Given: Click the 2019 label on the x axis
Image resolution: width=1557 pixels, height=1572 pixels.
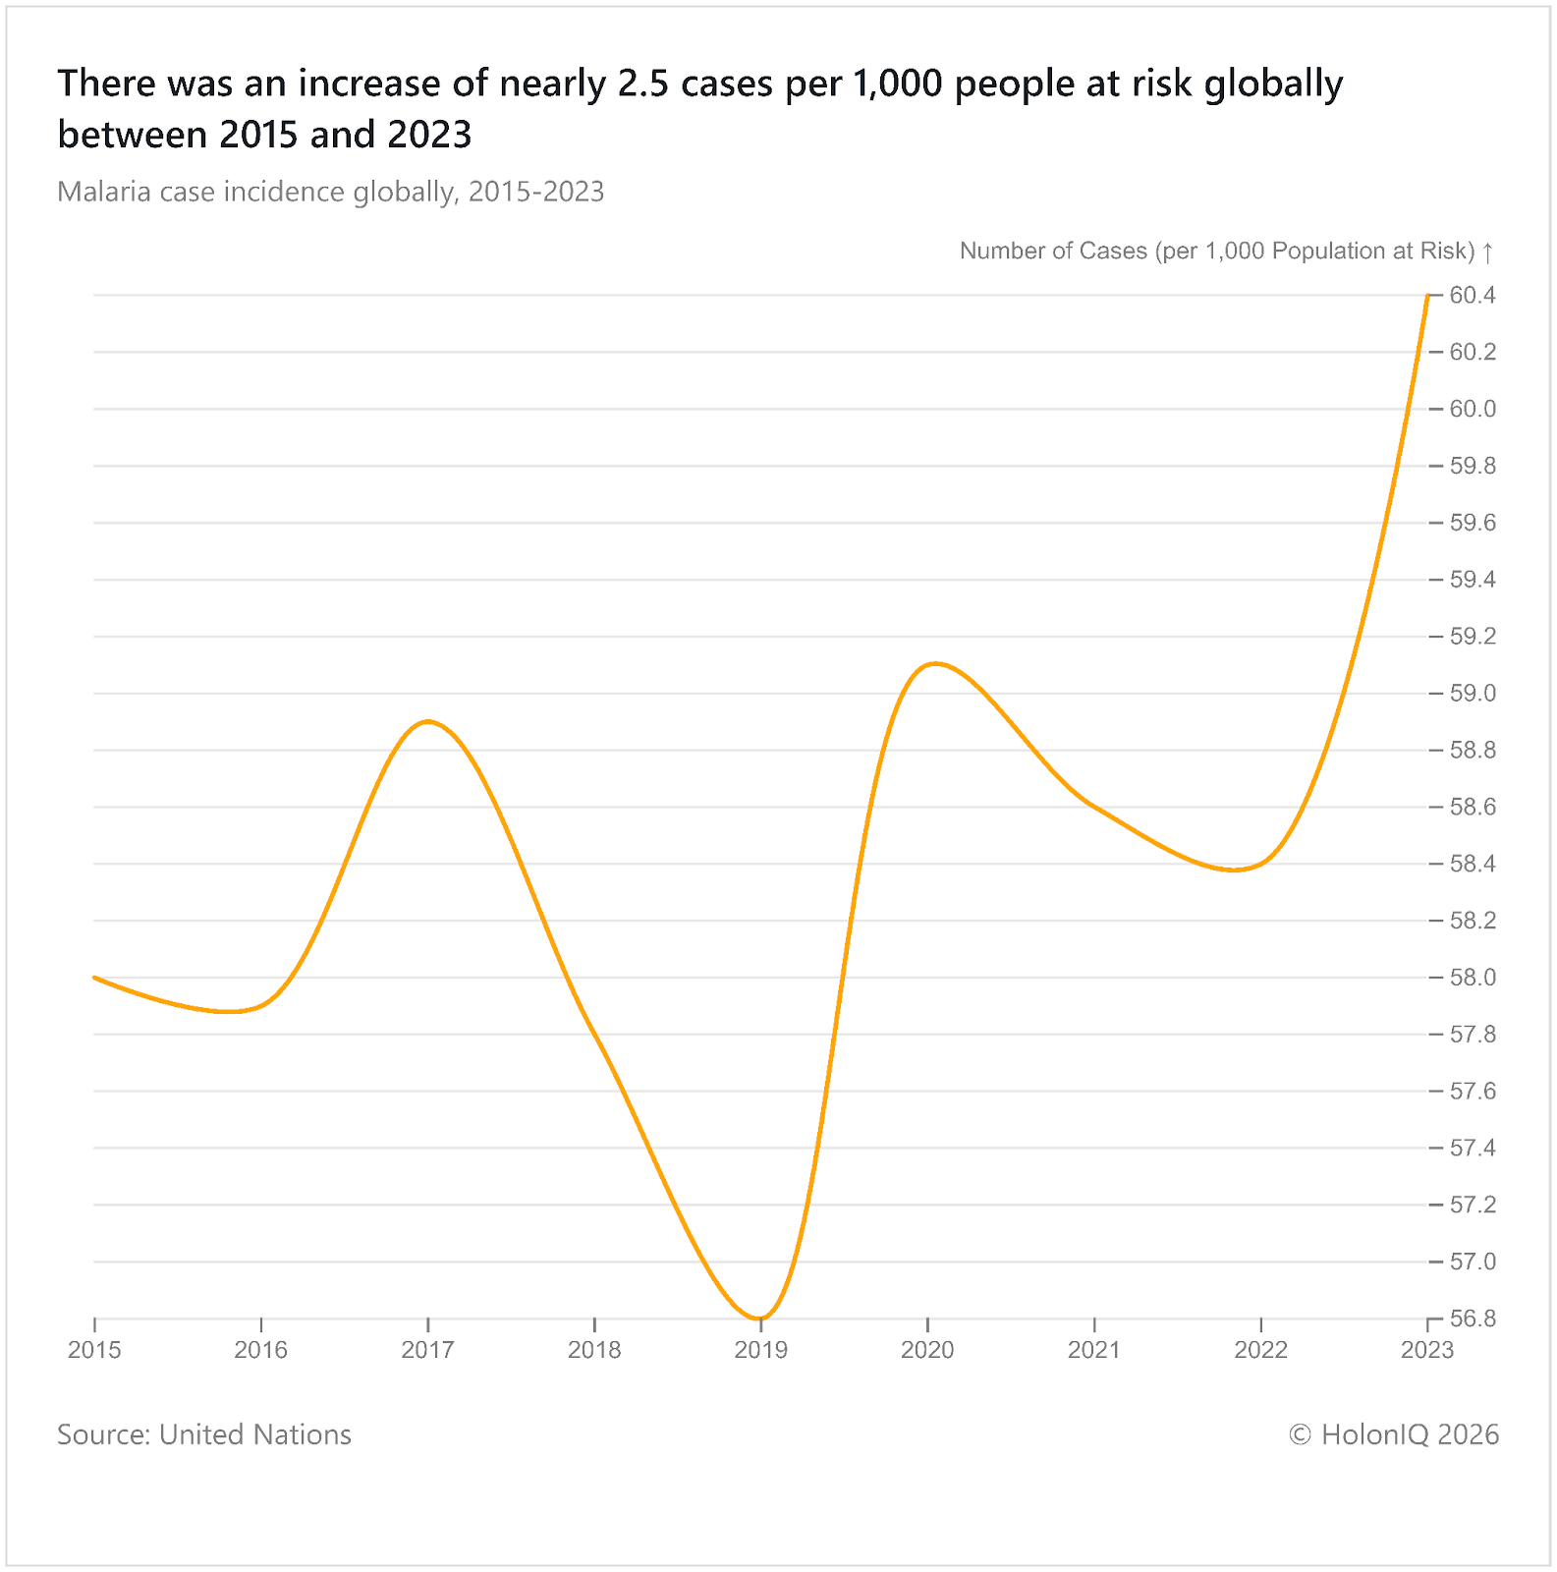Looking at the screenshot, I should point(760,1350).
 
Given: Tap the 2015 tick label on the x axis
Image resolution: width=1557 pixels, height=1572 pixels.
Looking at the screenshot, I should point(94,1350).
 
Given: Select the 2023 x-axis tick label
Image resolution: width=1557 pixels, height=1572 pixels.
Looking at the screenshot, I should point(1426,1350).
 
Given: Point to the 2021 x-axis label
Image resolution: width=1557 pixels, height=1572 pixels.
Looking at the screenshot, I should point(1093,1350).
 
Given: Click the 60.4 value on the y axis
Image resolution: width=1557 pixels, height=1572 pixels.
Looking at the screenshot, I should point(1473,295).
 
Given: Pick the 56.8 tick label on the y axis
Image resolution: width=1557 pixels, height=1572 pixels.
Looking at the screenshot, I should point(1473,1319).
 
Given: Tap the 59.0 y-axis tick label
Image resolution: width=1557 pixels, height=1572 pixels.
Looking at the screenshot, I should point(1473,694).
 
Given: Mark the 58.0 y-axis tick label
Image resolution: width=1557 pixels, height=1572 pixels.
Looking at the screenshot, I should point(1473,978).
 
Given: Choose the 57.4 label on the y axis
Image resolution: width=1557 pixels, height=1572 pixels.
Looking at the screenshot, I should point(1473,1149).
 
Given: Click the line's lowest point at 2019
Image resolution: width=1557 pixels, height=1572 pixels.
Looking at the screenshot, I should point(760,1319).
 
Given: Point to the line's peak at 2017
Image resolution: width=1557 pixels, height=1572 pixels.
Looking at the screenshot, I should point(428,721).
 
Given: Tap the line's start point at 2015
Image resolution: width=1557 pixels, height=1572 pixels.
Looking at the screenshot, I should point(94,978).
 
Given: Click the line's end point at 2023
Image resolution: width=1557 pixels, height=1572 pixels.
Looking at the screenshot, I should point(1427,295).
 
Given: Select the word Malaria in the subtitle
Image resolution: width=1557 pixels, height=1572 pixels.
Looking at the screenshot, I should point(104,192).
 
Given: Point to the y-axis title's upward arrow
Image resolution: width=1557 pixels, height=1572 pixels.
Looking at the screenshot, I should point(1488,252).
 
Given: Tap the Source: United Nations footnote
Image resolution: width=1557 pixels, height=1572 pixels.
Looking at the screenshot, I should point(204,1434).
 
